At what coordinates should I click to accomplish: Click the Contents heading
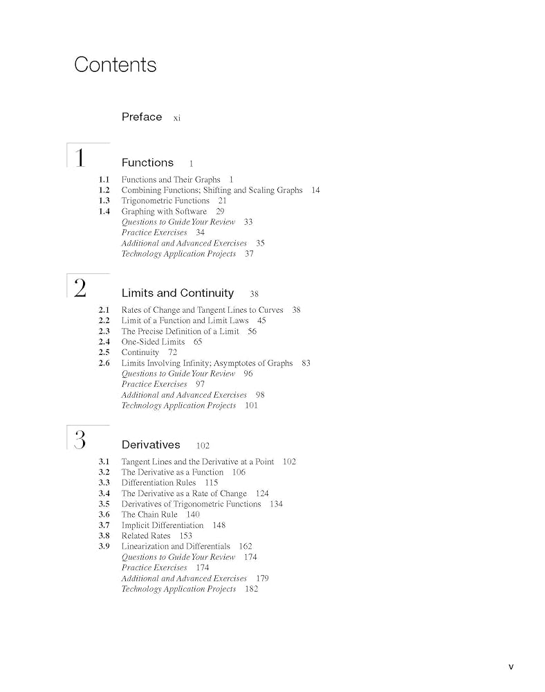[115, 65]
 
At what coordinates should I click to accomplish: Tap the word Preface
[142, 117]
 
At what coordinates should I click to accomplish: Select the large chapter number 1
[80, 158]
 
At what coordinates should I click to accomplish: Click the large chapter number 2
[80, 289]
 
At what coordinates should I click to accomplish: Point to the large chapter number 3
[80, 440]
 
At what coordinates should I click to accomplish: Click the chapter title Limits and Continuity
[178, 293]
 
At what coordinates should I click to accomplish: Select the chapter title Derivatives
[151, 445]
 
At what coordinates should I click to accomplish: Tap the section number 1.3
[104, 201]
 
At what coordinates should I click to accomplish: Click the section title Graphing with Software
[164, 211]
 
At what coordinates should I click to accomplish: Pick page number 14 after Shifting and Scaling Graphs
[315, 190]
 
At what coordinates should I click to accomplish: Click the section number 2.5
[104, 352]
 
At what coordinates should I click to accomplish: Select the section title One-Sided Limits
[153, 342]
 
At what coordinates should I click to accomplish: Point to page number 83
[306, 363]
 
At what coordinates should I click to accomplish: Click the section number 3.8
[104, 536]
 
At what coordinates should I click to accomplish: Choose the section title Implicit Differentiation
[163, 525]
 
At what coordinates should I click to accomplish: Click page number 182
[251, 589]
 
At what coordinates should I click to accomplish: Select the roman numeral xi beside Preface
[177, 118]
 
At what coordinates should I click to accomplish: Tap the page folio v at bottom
[511, 667]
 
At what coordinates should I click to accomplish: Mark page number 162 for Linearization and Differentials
[246, 547]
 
